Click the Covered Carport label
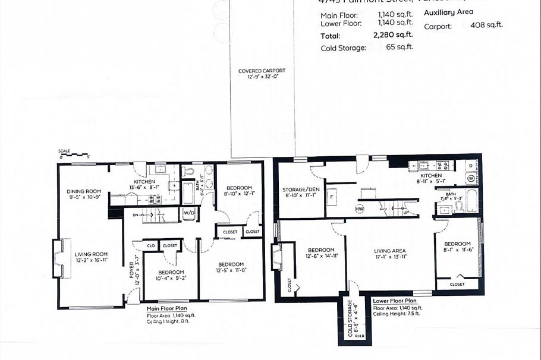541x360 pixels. (262, 71)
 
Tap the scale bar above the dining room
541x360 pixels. (73, 156)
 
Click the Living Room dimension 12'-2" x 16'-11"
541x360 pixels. (90, 261)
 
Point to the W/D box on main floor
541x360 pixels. (189, 213)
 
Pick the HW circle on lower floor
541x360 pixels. (360, 209)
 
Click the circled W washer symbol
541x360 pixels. (470, 178)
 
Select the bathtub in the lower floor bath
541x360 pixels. (471, 201)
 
